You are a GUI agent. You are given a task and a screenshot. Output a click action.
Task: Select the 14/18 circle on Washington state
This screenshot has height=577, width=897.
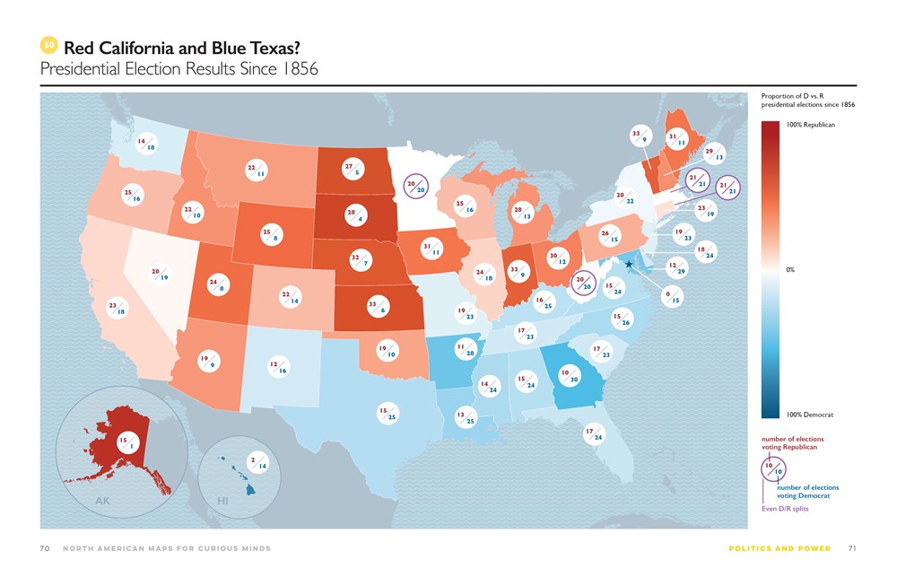146,144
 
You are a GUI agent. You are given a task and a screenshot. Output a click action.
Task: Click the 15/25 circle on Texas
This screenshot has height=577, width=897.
387,413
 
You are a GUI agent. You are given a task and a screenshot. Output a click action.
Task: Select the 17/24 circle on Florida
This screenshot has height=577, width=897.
593,434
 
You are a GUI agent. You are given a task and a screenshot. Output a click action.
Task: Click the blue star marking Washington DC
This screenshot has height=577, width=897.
630,265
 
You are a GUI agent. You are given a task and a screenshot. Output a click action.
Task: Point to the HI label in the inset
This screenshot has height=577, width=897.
223,501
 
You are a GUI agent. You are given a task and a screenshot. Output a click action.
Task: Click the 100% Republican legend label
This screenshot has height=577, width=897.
810,125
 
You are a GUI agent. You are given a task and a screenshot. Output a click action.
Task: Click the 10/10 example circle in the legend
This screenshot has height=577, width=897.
774,468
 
